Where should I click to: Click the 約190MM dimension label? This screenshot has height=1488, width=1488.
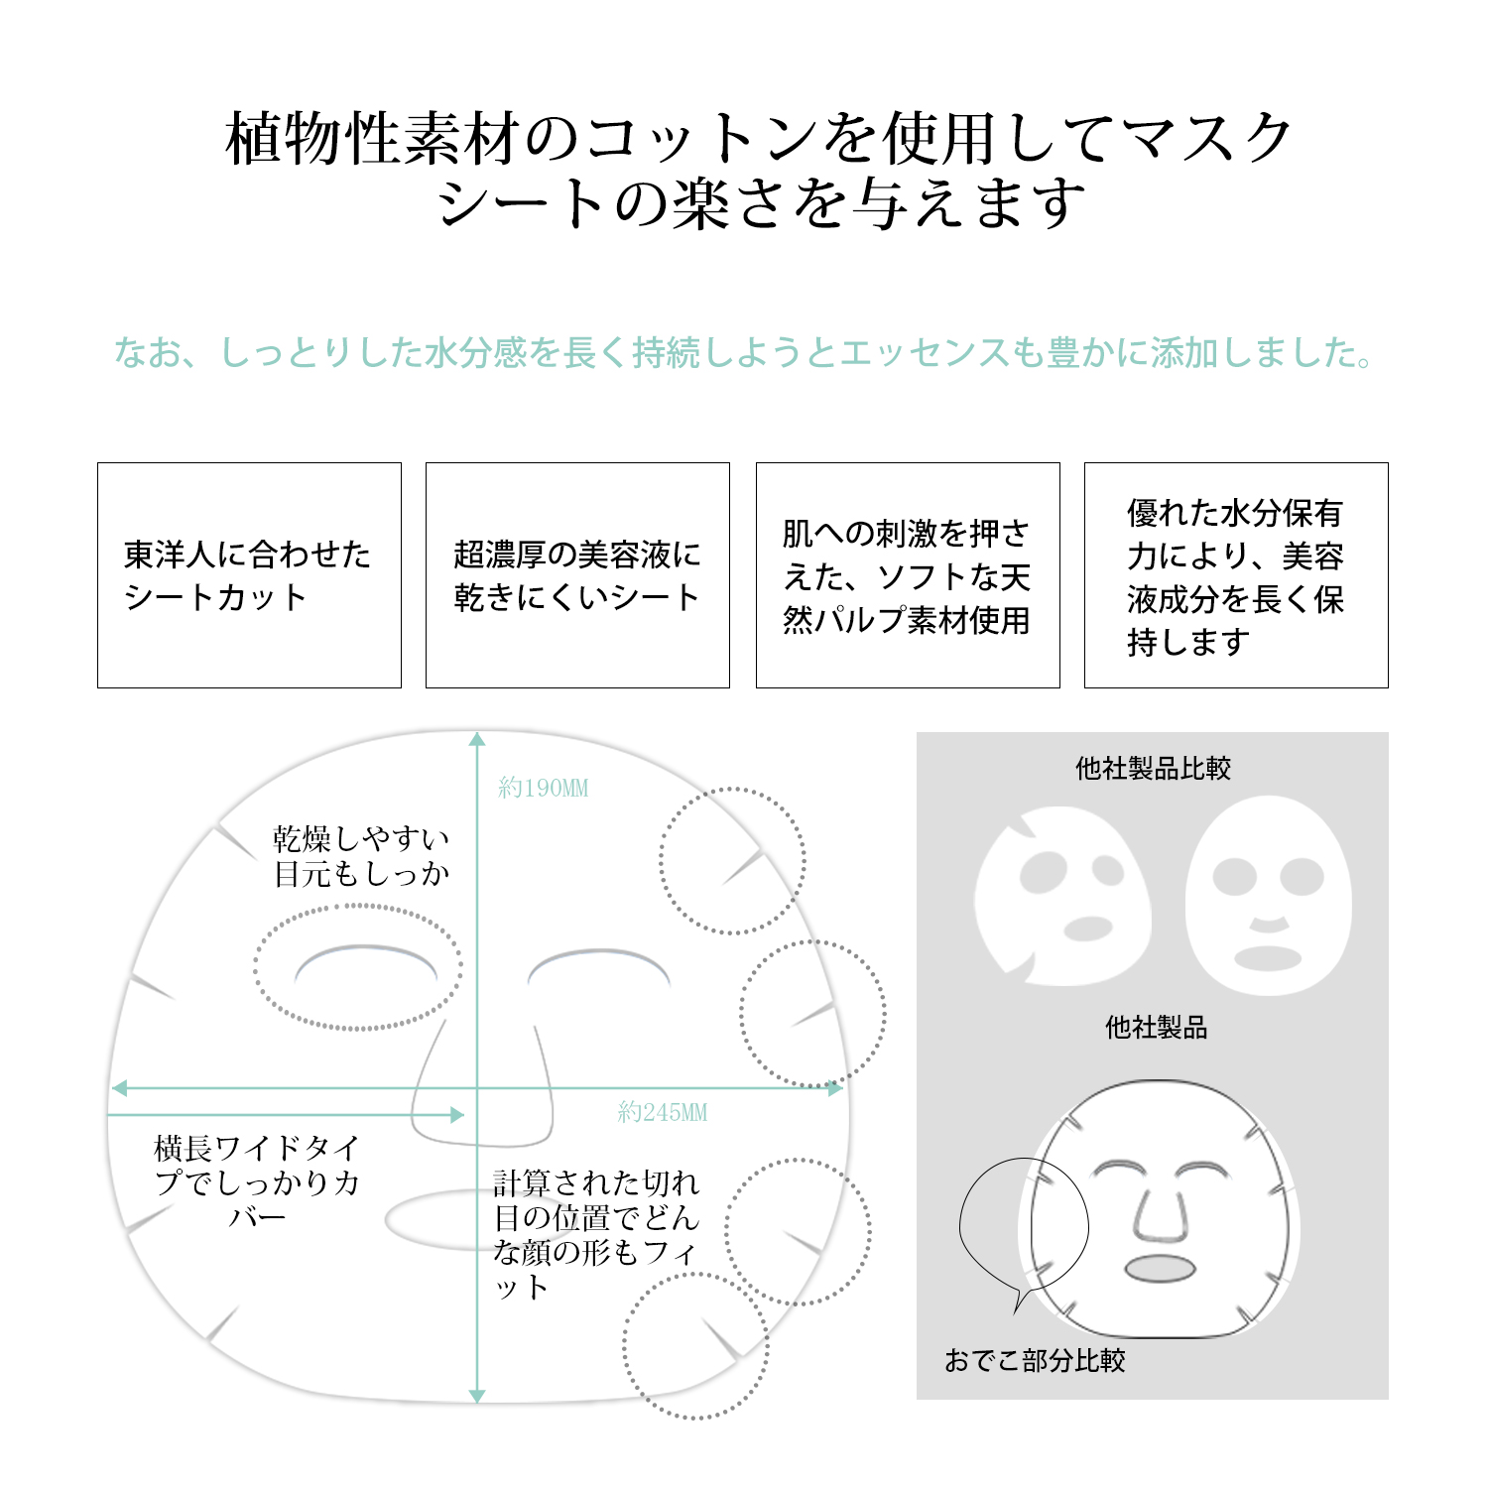click(x=544, y=789)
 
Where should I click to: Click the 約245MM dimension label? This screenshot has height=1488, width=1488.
click(x=663, y=1113)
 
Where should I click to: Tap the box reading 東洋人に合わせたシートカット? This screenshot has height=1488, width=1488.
click(x=249, y=575)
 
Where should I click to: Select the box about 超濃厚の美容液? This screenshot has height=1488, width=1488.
click(x=577, y=575)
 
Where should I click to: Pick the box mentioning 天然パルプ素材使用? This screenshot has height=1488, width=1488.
click(x=908, y=575)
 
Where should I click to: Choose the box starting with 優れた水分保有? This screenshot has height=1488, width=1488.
click(x=1236, y=575)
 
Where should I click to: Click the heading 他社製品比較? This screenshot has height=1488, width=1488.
click(x=1153, y=769)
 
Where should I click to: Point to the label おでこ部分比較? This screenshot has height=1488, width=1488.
click(x=1035, y=1360)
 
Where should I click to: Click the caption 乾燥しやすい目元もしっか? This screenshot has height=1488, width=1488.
click(x=362, y=856)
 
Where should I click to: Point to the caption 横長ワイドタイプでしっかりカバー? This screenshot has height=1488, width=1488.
click(x=257, y=1182)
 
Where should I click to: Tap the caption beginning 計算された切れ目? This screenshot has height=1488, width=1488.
click(x=596, y=1235)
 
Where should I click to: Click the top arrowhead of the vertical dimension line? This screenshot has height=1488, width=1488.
click(x=477, y=739)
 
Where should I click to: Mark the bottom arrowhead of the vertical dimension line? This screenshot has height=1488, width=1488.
click(x=477, y=1396)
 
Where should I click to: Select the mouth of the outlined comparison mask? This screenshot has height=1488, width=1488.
click(x=1161, y=1269)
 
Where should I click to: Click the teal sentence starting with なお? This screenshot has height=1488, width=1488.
click(x=744, y=352)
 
